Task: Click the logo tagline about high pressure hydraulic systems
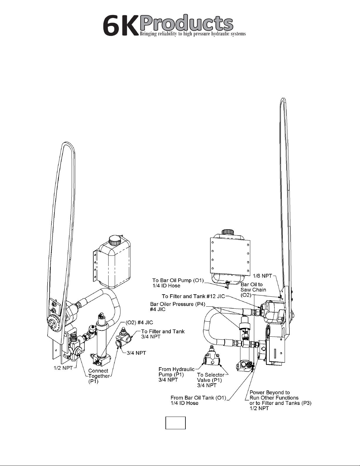pos(193,34)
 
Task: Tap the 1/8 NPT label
pos(262,276)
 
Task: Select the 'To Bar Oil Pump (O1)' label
pos(178,283)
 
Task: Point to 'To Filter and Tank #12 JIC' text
pos(193,296)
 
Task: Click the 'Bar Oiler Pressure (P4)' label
pos(178,307)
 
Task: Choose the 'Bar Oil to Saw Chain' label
pos(253,290)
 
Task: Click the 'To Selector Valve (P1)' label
pos(211,380)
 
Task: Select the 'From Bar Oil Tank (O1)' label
pos(198,400)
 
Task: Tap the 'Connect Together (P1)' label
pos(99,376)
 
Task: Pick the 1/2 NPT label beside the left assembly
pos(63,368)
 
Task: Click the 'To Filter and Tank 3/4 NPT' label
pos(163,334)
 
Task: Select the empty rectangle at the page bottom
pos(175,423)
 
